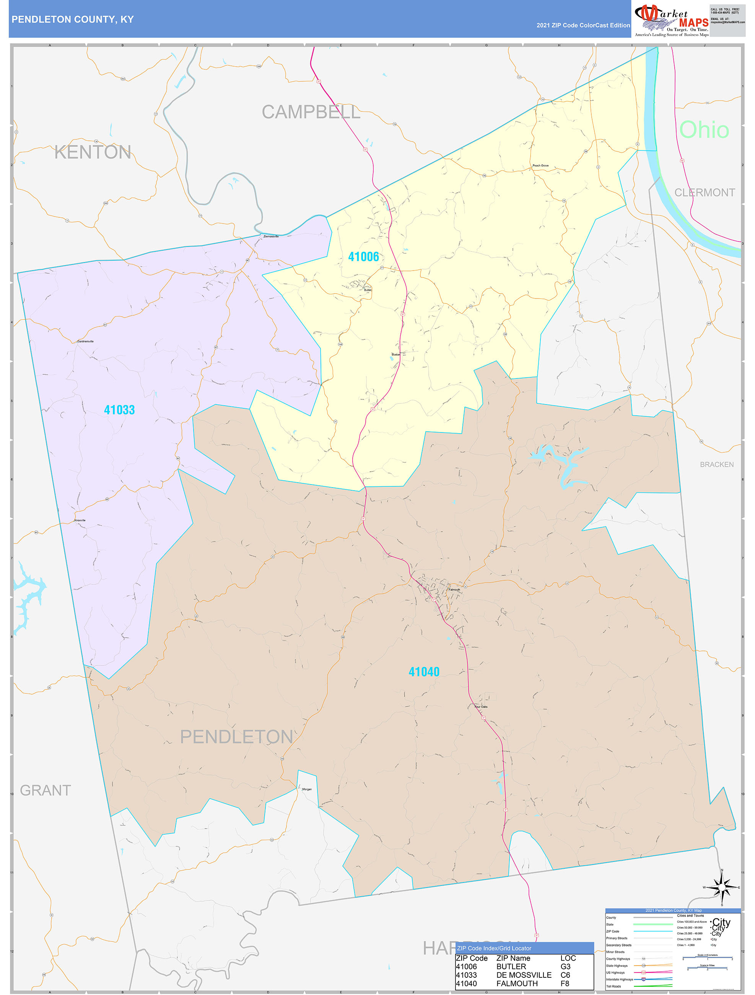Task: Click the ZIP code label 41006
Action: point(363,257)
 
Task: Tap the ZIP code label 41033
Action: point(119,410)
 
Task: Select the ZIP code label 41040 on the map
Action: point(424,672)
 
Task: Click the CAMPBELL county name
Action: point(311,112)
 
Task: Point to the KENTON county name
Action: point(93,152)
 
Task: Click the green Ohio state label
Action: point(704,130)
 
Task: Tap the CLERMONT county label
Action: point(704,192)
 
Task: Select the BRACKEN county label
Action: point(716,464)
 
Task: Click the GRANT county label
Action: point(46,790)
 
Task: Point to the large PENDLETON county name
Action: point(236,737)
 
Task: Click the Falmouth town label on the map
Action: point(454,589)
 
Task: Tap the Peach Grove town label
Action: point(540,166)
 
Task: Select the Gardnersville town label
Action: point(85,341)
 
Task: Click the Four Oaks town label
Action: point(481,707)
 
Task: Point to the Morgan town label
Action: point(307,789)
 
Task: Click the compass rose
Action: point(722,887)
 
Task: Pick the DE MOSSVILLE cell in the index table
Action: point(524,975)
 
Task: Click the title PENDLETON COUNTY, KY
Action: point(72,20)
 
